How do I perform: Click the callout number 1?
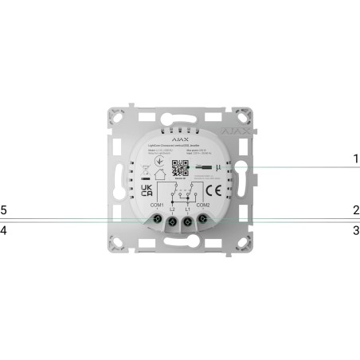356,158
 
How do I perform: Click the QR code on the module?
179,168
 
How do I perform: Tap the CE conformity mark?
214,192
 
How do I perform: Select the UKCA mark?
147,192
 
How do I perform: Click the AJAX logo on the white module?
180,135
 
